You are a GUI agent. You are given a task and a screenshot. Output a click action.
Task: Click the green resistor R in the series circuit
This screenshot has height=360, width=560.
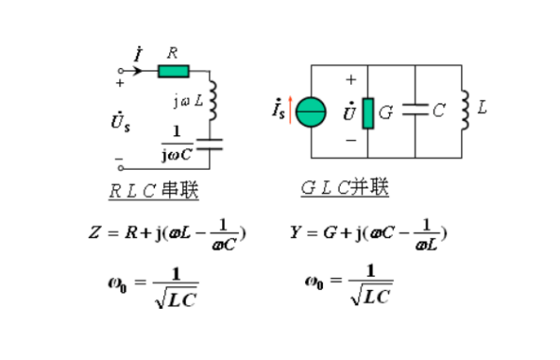[174, 71]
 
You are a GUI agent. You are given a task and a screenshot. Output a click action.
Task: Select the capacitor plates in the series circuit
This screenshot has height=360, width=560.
[212, 144]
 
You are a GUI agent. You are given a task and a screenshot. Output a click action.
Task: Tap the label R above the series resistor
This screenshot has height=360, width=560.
[172, 52]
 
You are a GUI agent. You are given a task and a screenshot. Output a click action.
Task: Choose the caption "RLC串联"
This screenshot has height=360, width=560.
[153, 189]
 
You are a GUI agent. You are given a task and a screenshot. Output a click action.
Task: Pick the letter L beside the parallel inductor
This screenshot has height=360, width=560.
[482, 107]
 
